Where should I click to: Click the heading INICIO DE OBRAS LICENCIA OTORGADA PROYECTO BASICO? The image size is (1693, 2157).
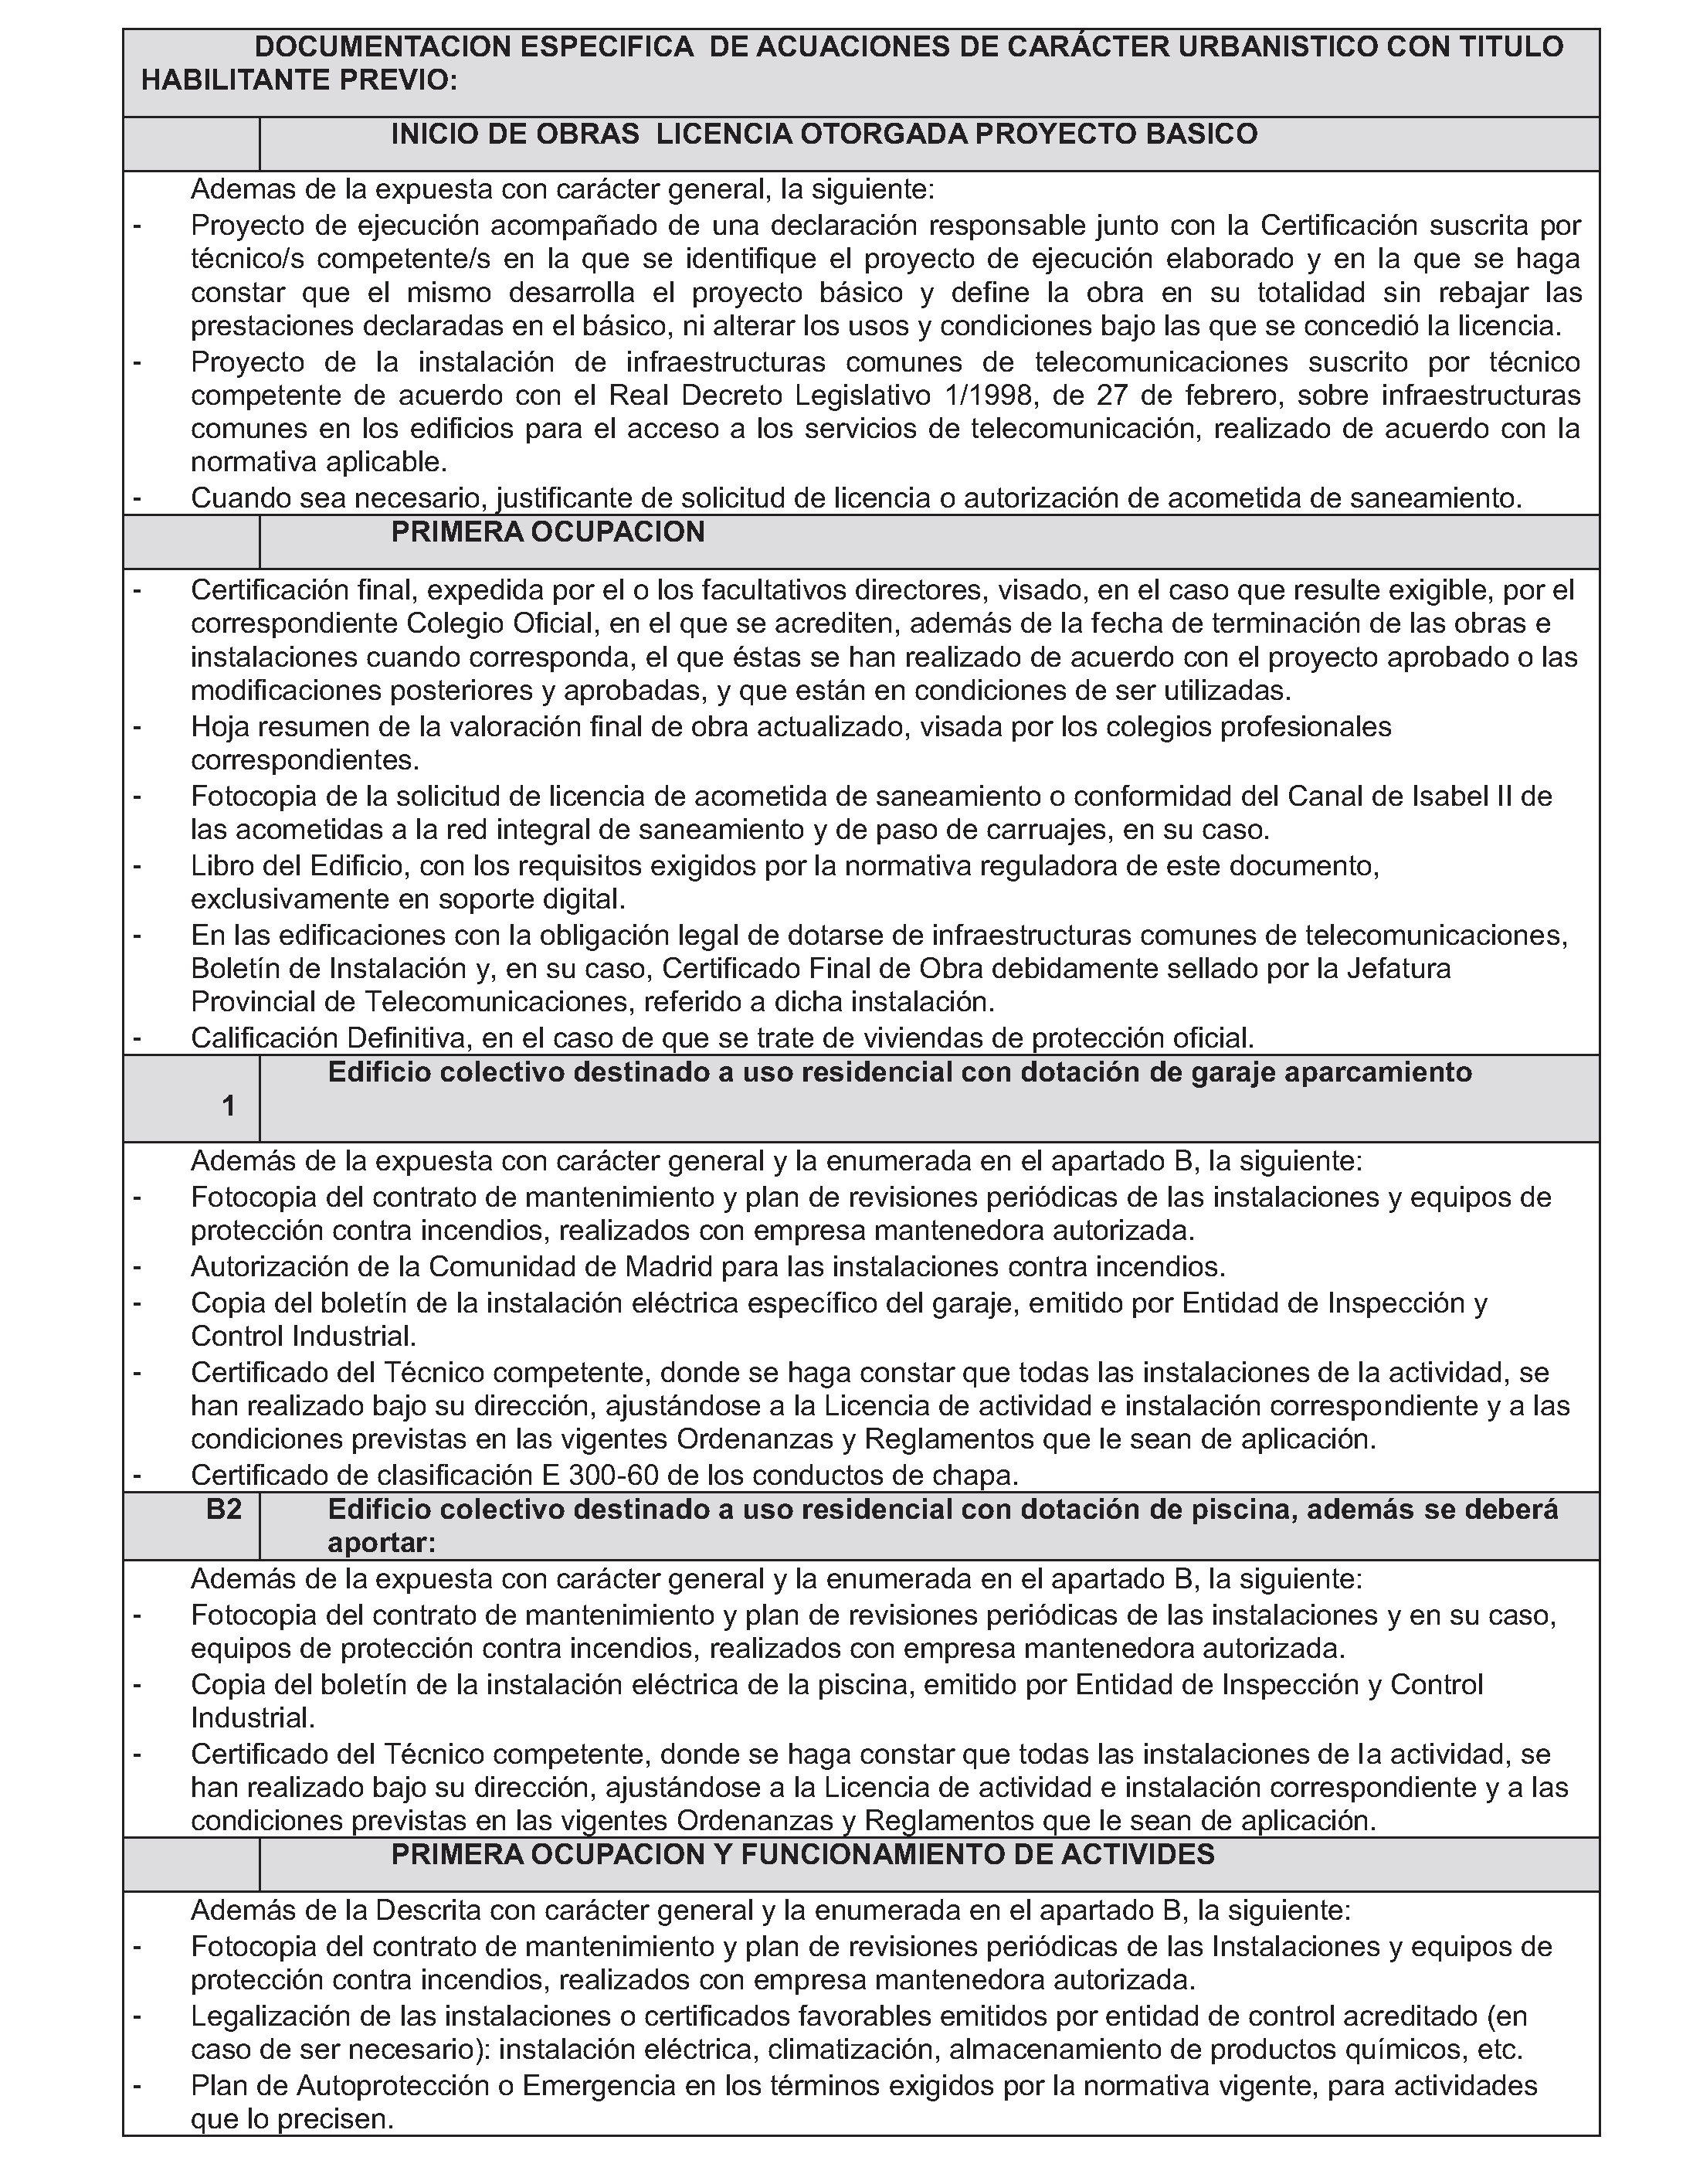[x=823, y=134]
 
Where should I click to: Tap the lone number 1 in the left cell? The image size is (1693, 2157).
[x=229, y=1106]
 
